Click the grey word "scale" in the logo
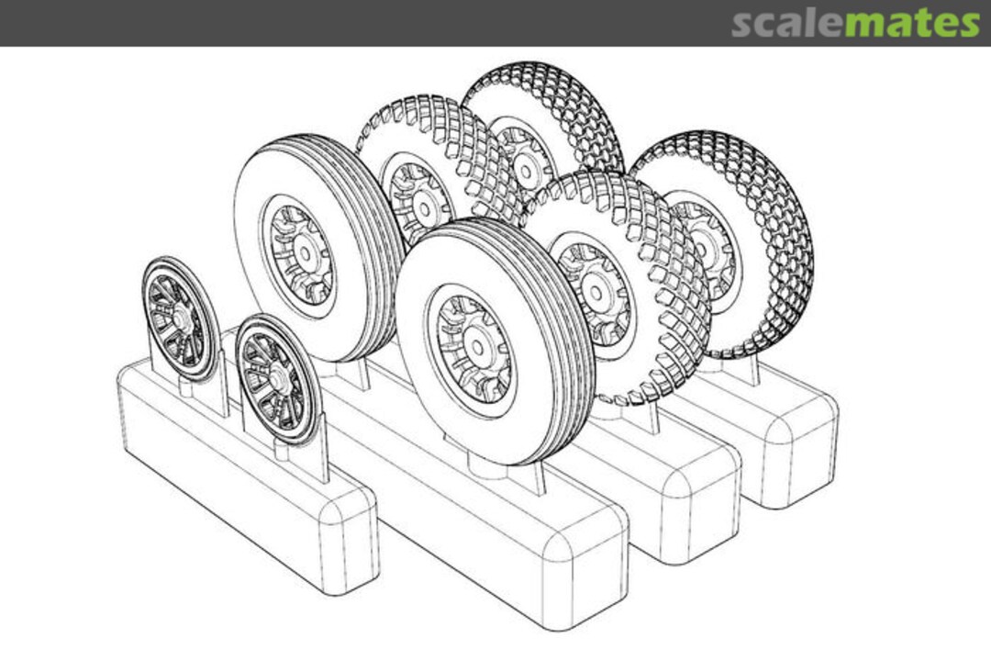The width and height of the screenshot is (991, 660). click(786, 23)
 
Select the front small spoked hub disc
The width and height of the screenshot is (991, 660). click(277, 378)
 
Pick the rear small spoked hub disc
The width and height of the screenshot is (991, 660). click(180, 318)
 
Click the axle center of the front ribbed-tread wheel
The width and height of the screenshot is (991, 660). click(477, 350)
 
